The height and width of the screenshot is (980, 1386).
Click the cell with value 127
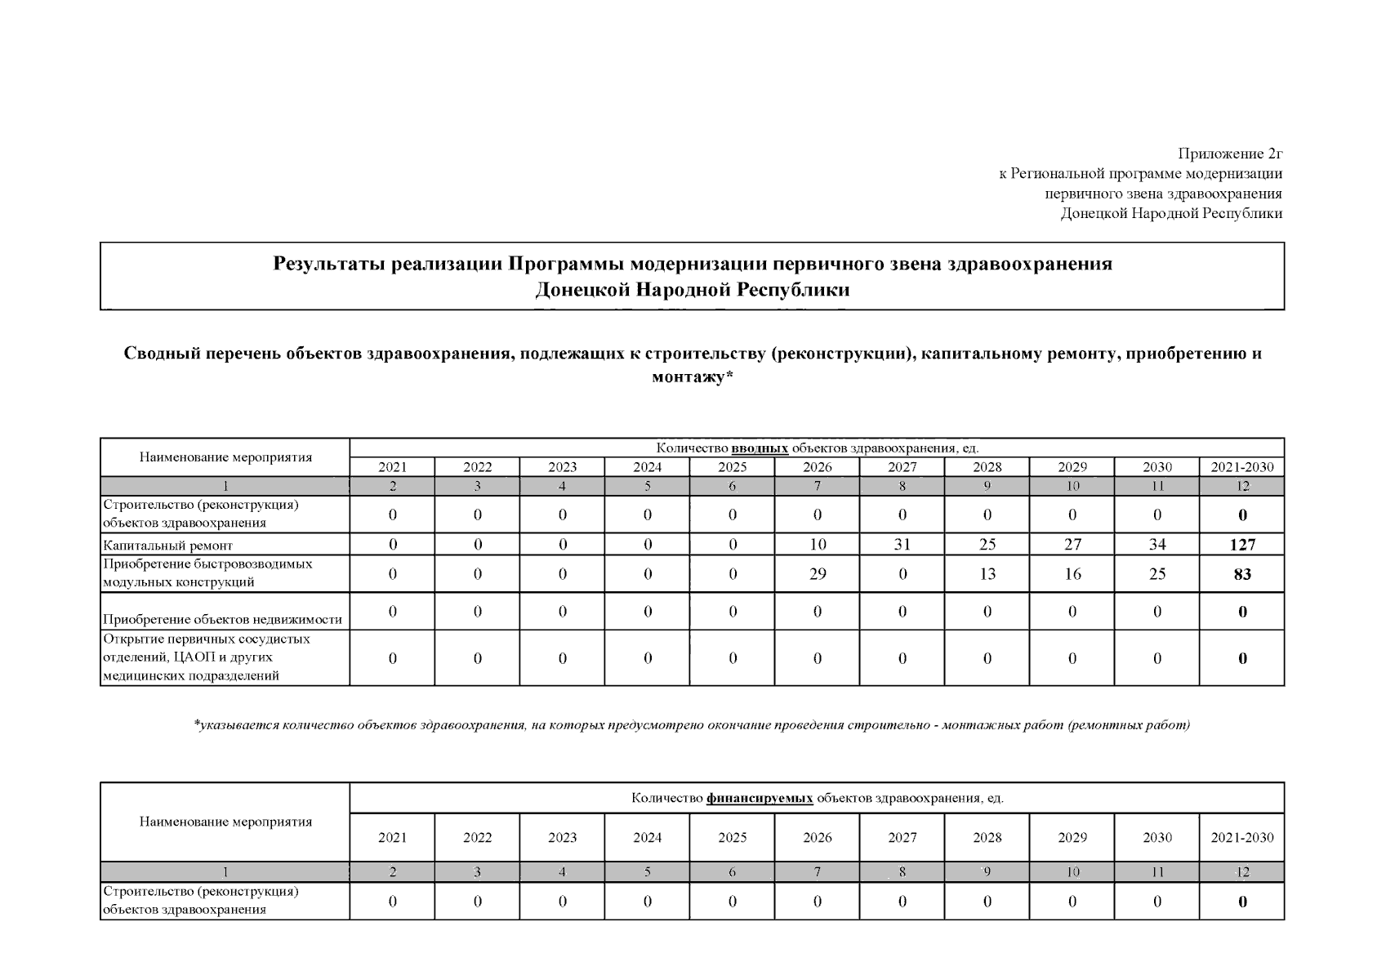tap(1242, 545)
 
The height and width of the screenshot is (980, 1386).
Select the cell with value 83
tap(1242, 574)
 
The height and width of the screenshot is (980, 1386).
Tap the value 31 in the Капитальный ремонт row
tap(902, 545)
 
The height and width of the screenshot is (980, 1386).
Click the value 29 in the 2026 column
tap(817, 574)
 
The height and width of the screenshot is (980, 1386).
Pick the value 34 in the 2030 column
tap(1156, 545)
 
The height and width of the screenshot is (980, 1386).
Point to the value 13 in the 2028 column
tap(987, 574)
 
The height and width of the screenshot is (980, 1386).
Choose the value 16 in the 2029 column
tap(1072, 574)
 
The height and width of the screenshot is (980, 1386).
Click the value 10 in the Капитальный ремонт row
tap(817, 545)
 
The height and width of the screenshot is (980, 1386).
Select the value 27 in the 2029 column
tap(1072, 545)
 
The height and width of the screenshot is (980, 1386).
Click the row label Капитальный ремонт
tap(167, 546)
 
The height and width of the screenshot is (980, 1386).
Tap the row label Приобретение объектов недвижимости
tap(222, 620)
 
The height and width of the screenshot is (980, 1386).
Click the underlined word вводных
tap(760, 448)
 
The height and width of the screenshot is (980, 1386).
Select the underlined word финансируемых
tap(760, 798)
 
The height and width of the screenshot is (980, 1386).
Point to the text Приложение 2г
tap(1229, 154)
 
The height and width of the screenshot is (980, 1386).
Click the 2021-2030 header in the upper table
tap(1241, 467)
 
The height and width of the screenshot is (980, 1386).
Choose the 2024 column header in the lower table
tap(647, 837)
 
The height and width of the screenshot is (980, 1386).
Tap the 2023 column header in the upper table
tap(562, 467)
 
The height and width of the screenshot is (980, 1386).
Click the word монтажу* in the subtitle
tap(692, 377)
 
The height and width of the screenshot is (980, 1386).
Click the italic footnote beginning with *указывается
tap(692, 724)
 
